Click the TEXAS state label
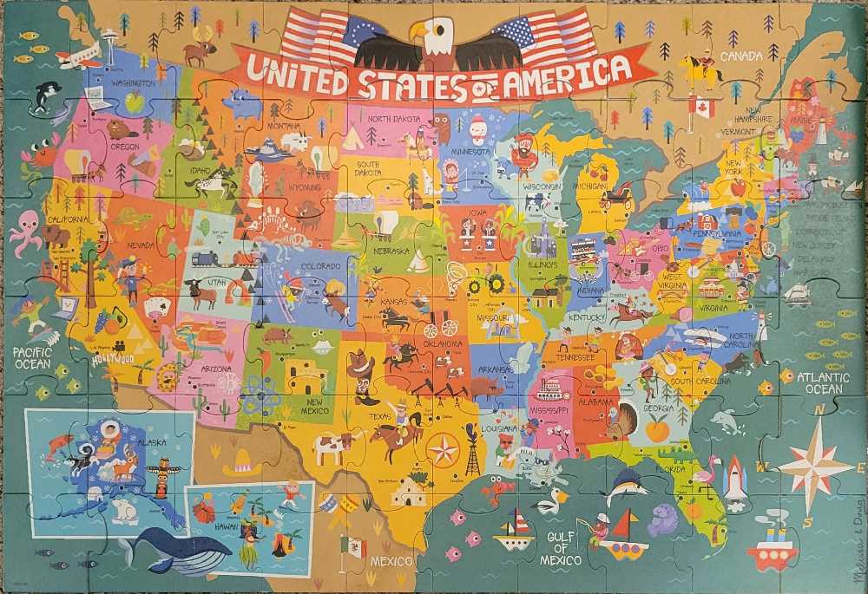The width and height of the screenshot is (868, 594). click(378, 417)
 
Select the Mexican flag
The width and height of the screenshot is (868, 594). click(353, 546)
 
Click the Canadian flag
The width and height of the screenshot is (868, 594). click(702, 108)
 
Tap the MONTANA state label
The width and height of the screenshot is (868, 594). click(283, 127)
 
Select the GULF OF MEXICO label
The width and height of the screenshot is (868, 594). click(562, 548)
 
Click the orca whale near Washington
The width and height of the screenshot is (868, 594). click(46, 95)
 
